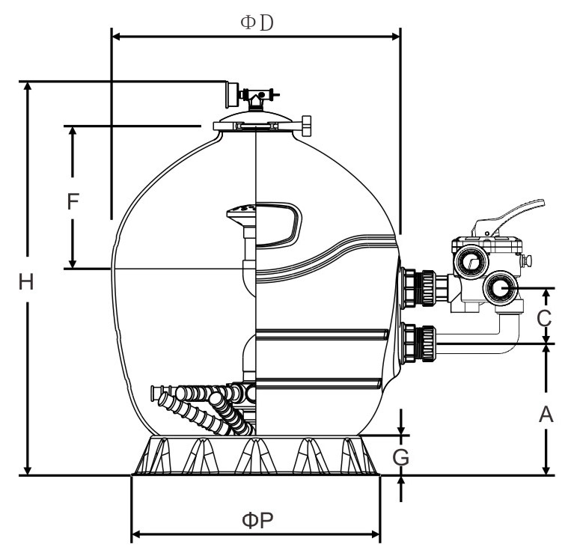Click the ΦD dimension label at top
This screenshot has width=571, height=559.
pos(257,23)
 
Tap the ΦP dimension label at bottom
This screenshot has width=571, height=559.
pos(257,519)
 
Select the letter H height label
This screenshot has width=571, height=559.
pos(26,282)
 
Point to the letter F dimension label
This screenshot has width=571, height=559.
pos(73,201)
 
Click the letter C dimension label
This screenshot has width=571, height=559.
pos(544,319)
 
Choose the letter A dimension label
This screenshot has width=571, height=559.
pos(546,414)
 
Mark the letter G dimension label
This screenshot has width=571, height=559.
pos(401,457)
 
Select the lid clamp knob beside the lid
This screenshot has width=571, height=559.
pos(306,126)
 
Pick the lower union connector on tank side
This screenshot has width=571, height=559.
pos(418,343)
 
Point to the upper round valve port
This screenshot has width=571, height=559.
pos(472,262)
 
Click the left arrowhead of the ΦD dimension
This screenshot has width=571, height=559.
pos(117,37)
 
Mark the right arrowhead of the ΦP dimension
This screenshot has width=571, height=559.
pos(375,534)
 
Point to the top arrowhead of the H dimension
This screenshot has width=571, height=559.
pos(28,86)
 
